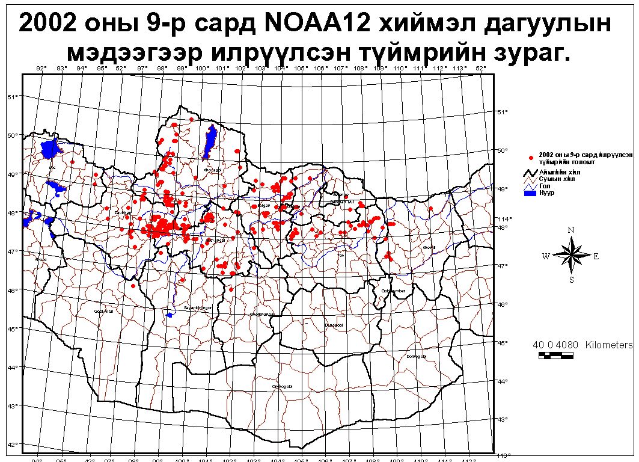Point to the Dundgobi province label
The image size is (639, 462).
pos(332,325)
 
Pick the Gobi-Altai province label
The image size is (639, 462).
pos(103,311)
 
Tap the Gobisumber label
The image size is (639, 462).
pos(394,291)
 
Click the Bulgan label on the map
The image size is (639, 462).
pos(264,206)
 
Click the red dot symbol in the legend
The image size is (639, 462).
pos(531,158)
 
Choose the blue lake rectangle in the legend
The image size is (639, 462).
pos(529,194)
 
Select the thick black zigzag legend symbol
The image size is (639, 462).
pos(529,173)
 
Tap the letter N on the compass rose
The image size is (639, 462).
pos(571,229)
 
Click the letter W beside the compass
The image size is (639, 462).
pos(546,256)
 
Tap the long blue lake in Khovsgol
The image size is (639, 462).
pos(211,140)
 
